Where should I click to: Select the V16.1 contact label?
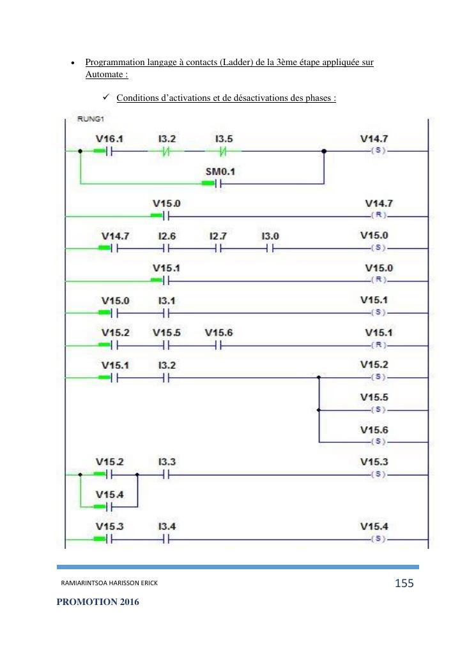point(108,138)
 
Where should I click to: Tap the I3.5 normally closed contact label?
point(224,138)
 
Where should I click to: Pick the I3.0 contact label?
point(271,235)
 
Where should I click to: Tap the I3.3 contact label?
point(165,461)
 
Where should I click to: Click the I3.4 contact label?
point(165,526)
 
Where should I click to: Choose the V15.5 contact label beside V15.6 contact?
point(166,332)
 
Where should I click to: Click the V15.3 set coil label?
point(374,461)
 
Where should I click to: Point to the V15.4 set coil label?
point(374,526)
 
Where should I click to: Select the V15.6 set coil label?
point(374,429)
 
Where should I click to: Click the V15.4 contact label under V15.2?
point(108,494)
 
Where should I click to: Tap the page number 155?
point(404,583)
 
